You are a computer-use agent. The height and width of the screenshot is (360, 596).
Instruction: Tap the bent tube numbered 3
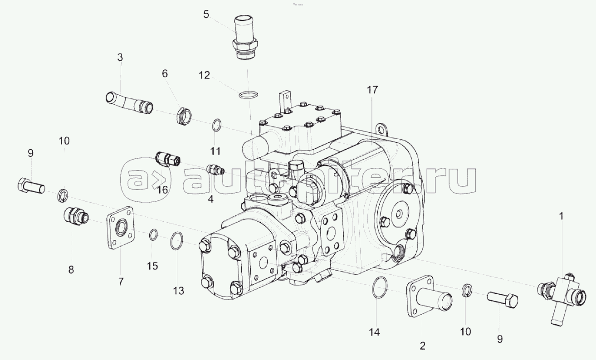tap(130, 104)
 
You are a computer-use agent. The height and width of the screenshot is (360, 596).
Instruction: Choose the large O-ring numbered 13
tap(177, 240)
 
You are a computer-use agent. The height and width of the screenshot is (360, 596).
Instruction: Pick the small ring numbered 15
tap(153, 235)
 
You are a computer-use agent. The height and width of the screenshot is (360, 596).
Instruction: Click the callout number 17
tap(372, 90)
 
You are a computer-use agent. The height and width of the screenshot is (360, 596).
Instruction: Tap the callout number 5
tap(206, 15)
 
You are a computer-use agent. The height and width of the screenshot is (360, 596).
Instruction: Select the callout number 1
tap(561, 217)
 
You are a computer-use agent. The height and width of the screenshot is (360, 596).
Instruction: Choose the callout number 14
tap(374, 333)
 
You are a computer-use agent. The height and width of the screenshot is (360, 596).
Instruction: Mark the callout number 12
tap(204, 75)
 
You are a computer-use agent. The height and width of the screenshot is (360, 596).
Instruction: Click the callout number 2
tap(422, 346)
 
